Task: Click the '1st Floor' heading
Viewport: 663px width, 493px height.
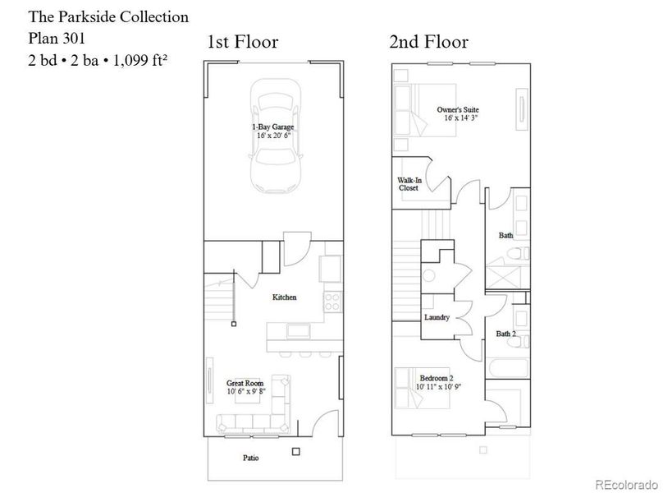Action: pyautogui.click(x=243, y=42)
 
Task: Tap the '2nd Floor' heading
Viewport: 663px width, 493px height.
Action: pyautogui.click(x=429, y=42)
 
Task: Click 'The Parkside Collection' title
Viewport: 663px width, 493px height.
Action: pyautogui.click(x=108, y=16)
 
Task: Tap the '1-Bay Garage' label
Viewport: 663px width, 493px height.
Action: pyautogui.click(x=273, y=127)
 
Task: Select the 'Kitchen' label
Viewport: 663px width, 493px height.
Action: pyautogui.click(x=284, y=297)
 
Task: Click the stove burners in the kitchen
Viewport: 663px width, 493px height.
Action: pyautogui.click(x=332, y=301)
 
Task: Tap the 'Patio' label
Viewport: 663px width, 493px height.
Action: pyautogui.click(x=251, y=458)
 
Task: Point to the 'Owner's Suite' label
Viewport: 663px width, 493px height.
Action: pyautogui.click(x=457, y=109)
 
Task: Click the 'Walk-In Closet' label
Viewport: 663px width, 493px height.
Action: pyautogui.click(x=408, y=183)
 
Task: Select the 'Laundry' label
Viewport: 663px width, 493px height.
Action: pyautogui.click(x=437, y=317)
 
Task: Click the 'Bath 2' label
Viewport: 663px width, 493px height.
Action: pyautogui.click(x=506, y=334)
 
